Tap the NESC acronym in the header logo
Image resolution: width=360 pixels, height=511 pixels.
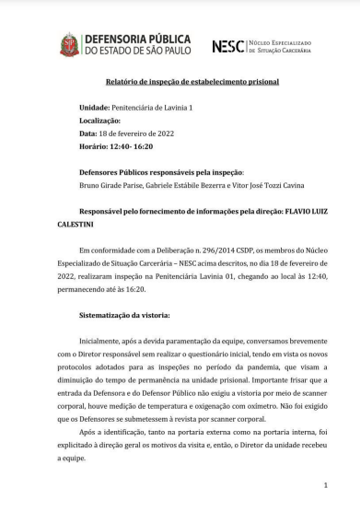coord(227,45)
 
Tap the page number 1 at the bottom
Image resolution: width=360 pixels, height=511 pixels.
coord(325,484)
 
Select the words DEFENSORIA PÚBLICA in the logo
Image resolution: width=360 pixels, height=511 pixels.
coord(137,39)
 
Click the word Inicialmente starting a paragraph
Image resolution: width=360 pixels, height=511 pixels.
coord(104,339)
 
